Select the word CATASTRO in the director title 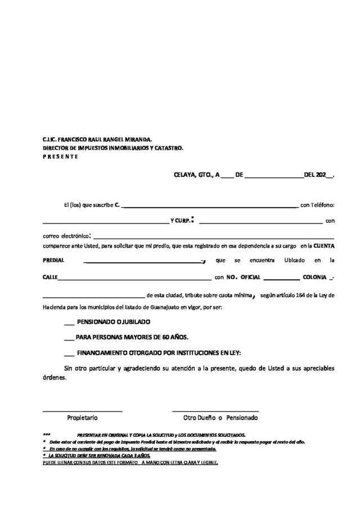point(168,147)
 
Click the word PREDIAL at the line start point(54,261)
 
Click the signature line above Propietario point(83,411)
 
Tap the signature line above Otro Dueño point(215,411)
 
